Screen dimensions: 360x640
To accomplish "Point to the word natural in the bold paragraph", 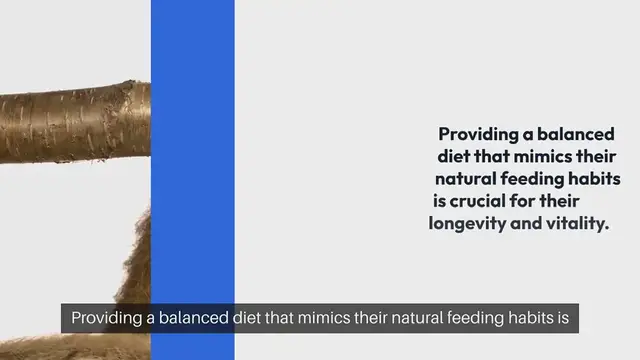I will [466, 180].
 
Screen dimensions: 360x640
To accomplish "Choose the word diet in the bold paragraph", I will [456, 157].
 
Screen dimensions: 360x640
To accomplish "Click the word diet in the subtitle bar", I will [250, 321].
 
